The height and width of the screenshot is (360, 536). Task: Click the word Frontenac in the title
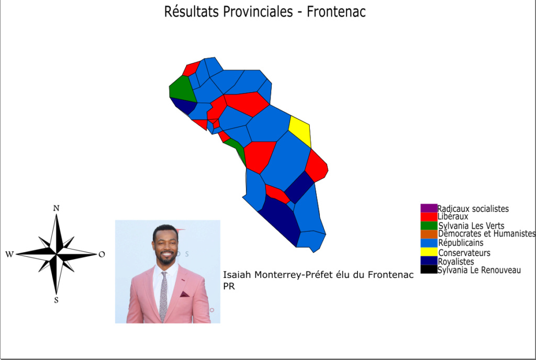(336, 12)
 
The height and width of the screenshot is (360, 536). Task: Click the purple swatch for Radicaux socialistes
(429, 208)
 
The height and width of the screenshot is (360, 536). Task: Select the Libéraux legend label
(453, 217)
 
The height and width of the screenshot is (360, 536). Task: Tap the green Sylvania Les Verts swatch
(429, 226)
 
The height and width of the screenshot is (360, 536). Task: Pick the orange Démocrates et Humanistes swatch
(429, 234)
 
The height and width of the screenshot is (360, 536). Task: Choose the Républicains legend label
(461, 243)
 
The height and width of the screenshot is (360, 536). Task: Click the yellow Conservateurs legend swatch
(429, 252)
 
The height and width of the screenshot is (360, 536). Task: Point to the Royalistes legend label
(456, 262)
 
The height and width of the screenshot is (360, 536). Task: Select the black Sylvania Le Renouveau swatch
(429, 269)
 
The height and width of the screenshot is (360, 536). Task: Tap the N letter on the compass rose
(57, 208)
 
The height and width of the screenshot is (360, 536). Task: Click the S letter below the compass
(57, 300)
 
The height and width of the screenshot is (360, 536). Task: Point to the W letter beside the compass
(9, 254)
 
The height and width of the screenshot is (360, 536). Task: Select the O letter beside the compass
(102, 254)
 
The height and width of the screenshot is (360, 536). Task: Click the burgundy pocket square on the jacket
(185, 294)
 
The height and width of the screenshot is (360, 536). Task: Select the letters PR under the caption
(229, 286)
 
